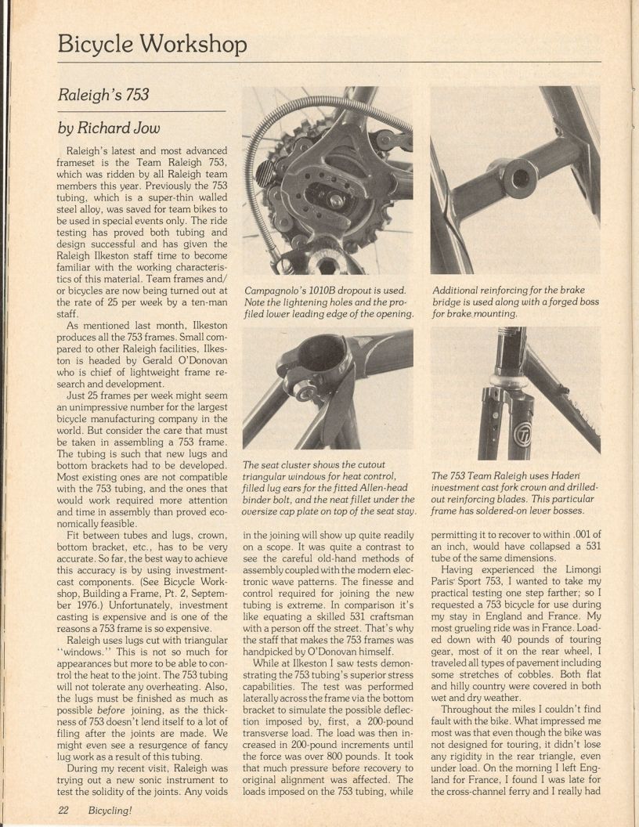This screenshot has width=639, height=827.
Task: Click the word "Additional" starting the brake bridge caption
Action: click(459, 290)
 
